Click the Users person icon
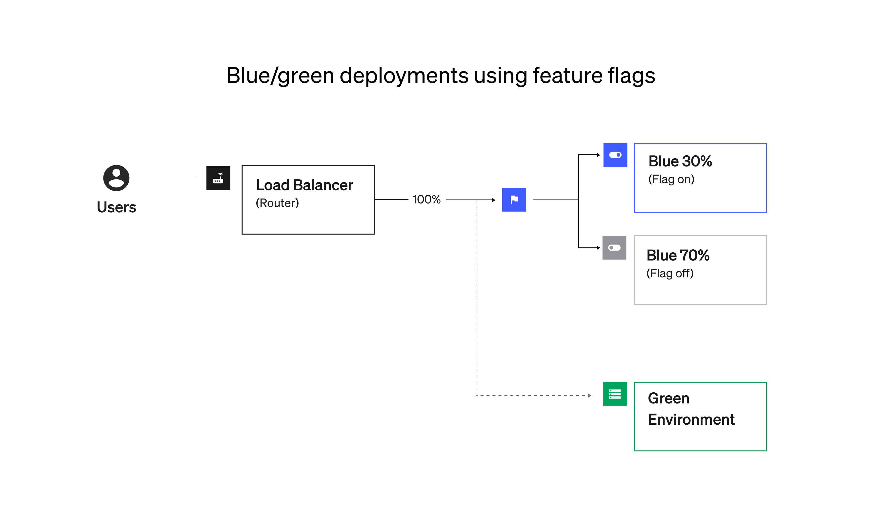(x=116, y=178)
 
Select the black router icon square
(x=218, y=178)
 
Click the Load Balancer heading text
(x=304, y=185)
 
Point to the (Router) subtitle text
(x=277, y=203)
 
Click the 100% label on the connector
(x=426, y=199)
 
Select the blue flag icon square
(x=514, y=199)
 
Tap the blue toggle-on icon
(x=615, y=155)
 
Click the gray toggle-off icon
(x=614, y=248)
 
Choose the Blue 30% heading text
(x=680, y=161)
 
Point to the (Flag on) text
(x=671, y=179)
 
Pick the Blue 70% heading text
(x=678, y=255)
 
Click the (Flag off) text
(x=670, y=273)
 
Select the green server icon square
(x=615, y=394)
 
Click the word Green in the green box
(x=668, y=398)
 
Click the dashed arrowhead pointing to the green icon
(x=589, y=396)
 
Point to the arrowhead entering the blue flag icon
(x=494, y=200)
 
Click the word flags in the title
(x=631, y=76)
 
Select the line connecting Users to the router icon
(x=171, y=177)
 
